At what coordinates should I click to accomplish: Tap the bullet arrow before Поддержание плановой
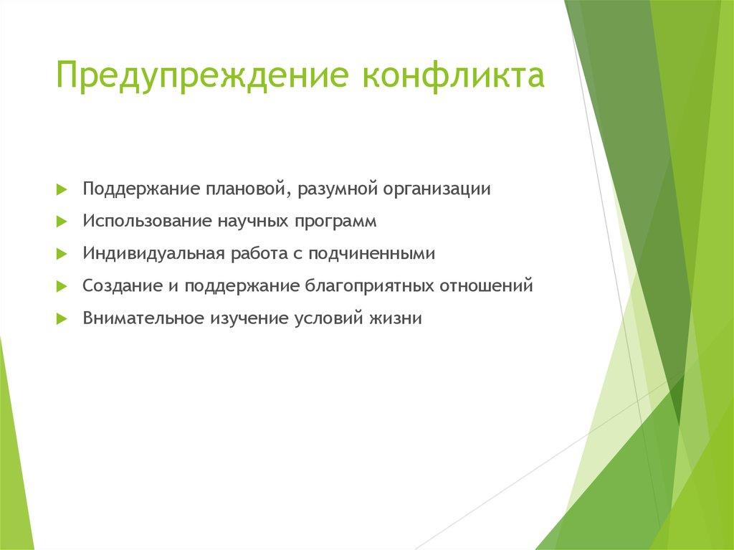(x=62, y=189)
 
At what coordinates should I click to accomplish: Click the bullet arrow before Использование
(x=62, y=222)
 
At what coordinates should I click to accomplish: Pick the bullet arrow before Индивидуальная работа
(x=62, y=254)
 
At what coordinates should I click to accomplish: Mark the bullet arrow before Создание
(x=62, y=286)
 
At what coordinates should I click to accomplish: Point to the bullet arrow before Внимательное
(x=62, y=318)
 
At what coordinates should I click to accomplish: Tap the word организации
(x=437, y=189)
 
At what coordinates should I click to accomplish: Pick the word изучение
(x=248, y=318)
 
